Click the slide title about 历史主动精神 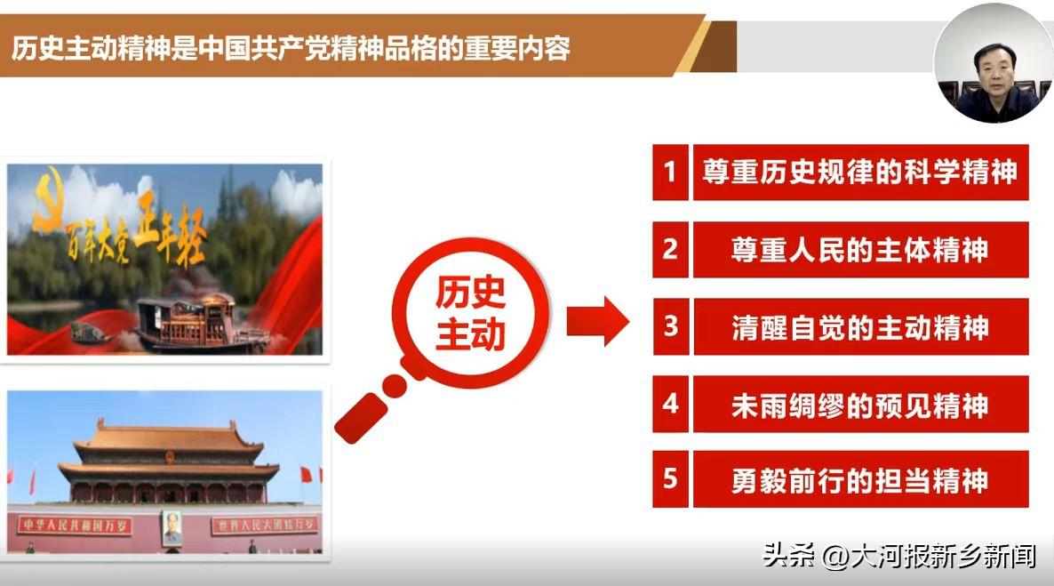pos(291,47)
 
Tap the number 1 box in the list pos(670,172)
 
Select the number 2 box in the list pos(670,249)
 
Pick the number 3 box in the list pos(670,326)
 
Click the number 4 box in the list pos(670,404)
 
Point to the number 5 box pos(670,479)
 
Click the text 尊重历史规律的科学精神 pos(859,172)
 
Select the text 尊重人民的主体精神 pos(859,249)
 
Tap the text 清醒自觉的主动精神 pos(859,326)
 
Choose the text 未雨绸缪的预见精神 pos(859,404)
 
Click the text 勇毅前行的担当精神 pos(859,480)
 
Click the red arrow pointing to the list pos(597,320)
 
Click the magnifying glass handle pos(366,410)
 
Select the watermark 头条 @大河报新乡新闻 pos(898,557)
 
